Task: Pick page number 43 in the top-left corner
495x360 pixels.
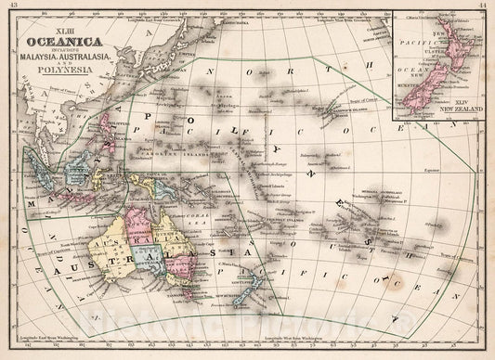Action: coord(14,7)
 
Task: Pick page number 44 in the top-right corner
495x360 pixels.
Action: coord(482,7)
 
